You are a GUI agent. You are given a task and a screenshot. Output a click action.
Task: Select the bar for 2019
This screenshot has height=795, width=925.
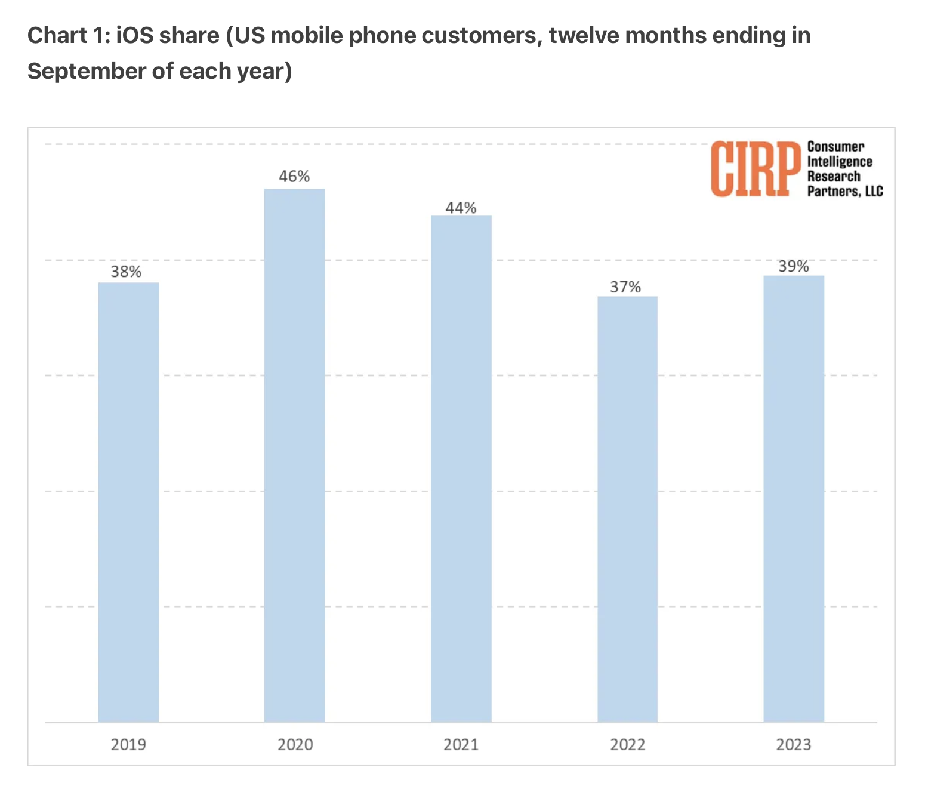coord(128,501)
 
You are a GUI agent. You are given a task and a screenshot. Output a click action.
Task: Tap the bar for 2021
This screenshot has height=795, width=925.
coord(461,469)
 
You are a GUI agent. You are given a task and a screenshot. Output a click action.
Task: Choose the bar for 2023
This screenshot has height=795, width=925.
coord(794,498)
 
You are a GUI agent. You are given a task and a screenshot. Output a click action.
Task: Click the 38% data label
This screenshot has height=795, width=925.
coord(127,272)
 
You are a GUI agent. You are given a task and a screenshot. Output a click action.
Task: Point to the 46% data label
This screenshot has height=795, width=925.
coord(294,177)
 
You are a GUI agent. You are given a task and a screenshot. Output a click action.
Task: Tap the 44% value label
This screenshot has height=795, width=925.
coord(461,208)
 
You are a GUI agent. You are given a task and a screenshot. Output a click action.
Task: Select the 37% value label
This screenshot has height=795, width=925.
coord(625,287)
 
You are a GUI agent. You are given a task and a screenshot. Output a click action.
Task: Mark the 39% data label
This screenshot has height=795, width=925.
coord(794,267)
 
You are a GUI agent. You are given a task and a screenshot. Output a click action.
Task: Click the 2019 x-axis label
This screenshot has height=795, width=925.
coord(128,745)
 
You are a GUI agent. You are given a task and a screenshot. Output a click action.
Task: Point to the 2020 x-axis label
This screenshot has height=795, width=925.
coord(295,745)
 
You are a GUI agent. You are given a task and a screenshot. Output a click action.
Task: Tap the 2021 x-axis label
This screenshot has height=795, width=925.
coord(461,745)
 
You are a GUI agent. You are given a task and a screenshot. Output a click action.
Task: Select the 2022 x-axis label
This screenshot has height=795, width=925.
coord(627,745)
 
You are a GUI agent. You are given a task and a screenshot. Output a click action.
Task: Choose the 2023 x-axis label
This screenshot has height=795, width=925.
coord(794,745)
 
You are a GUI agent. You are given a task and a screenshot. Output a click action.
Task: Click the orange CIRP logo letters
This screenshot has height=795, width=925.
coord(756,169)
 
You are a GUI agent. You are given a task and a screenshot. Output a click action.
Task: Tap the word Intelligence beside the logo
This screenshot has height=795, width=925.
coord(840,162)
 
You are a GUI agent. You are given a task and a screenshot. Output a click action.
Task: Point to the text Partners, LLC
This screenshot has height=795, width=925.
coord(844,192)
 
